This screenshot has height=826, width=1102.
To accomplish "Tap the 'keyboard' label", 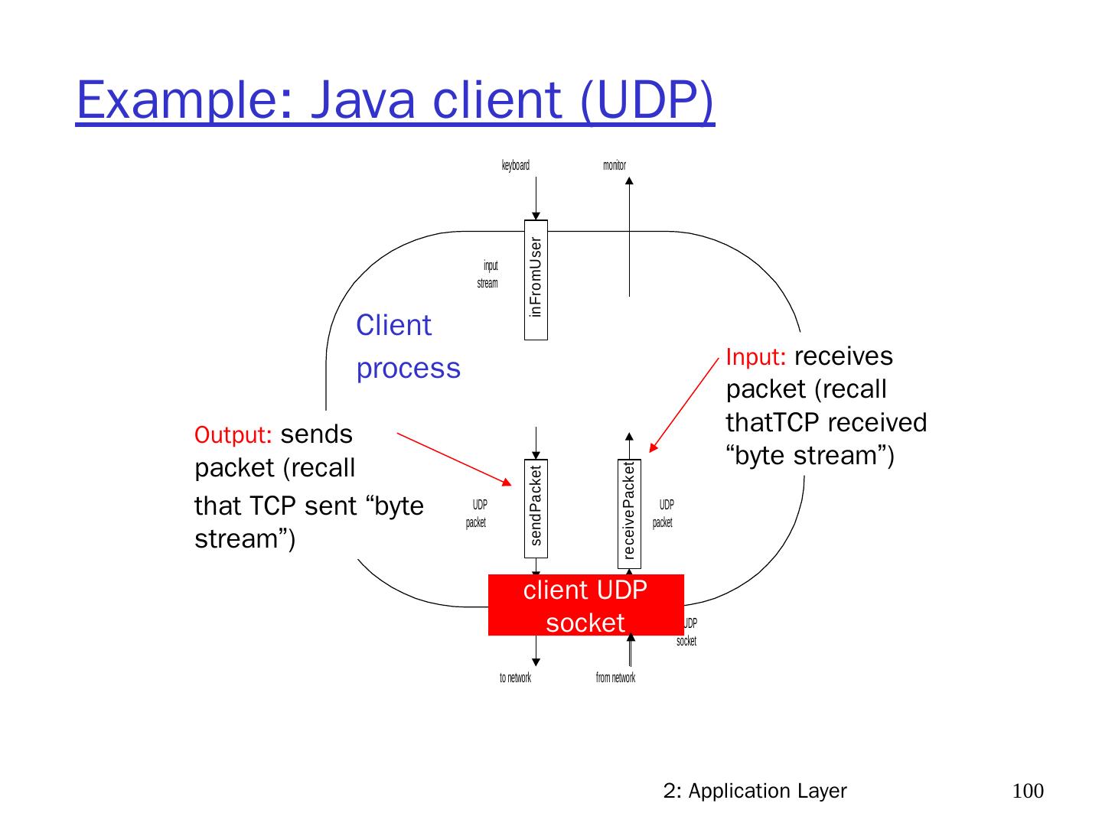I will click(515, 165).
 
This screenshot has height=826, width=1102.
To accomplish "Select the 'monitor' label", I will click(614, 165).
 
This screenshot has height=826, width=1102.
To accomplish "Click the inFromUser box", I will click(536, 279).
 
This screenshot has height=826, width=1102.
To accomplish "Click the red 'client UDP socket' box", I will click(585, 605).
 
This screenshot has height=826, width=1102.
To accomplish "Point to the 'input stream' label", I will click(488, 275).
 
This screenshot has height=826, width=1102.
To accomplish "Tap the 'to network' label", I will click(515, 678).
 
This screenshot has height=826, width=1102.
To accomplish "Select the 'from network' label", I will click(615, 678).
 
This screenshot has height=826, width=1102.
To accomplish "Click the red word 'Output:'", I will click(233, 435).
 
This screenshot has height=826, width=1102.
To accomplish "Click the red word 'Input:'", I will click(756, 357).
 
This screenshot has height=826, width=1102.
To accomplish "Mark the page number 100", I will click(1028, 791).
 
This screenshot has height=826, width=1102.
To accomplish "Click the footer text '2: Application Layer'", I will click(755, 791).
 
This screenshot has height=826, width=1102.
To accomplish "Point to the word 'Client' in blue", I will click(393, 326).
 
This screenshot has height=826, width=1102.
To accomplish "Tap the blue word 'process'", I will click(408, 369).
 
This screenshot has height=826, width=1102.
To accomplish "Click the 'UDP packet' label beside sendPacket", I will click(477, 514).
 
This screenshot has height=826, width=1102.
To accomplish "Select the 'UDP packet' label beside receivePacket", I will click(663, 514).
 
